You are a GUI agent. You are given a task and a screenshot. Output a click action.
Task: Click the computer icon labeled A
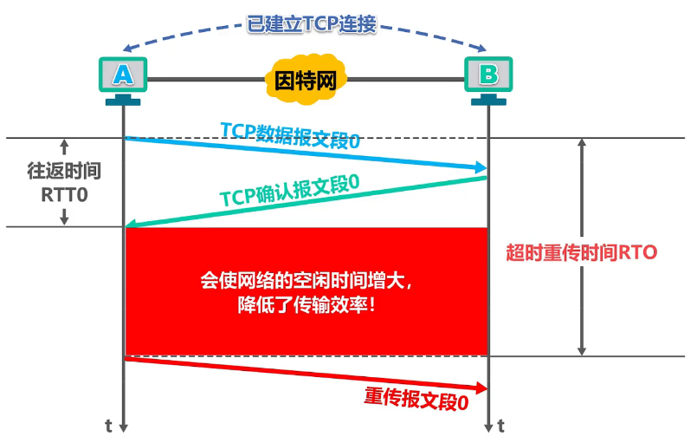click(124, 76)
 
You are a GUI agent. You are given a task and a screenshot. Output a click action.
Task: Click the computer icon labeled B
click(488, 76)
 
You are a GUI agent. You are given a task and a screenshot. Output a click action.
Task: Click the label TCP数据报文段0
click(289, 134)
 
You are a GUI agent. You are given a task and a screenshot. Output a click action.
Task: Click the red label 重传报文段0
click(416, 398)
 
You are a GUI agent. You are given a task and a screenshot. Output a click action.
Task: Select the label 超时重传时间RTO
click(581, 253)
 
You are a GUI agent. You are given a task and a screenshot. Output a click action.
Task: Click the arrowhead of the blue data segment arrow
click(480, 166)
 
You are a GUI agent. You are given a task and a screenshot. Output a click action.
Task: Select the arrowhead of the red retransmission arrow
click(480, 388)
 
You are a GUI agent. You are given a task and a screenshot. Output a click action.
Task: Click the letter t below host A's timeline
click(108, 426)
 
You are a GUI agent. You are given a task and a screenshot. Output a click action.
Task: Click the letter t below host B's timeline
click(501, 426)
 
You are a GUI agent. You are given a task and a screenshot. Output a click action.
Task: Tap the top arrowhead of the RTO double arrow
click(583, 143)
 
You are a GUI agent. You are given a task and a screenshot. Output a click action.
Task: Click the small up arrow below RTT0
click(64, 218)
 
